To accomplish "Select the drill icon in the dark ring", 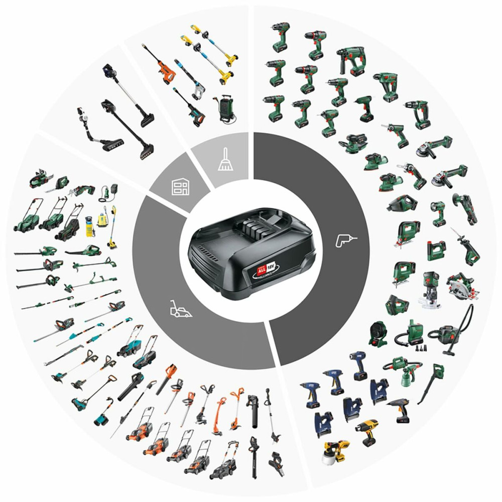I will click(x=343, y=242).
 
